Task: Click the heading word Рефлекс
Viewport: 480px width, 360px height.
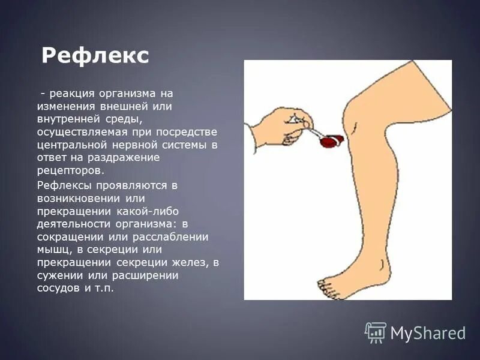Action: click(95, 56)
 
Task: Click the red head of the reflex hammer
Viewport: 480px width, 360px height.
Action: click(329, 142)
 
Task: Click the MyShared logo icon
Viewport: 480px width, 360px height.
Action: click(376, 332)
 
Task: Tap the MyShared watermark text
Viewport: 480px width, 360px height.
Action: click(428, 333)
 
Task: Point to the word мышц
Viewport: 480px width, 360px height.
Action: click(52, 249)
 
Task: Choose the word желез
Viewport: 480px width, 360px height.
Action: click(194, 262)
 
